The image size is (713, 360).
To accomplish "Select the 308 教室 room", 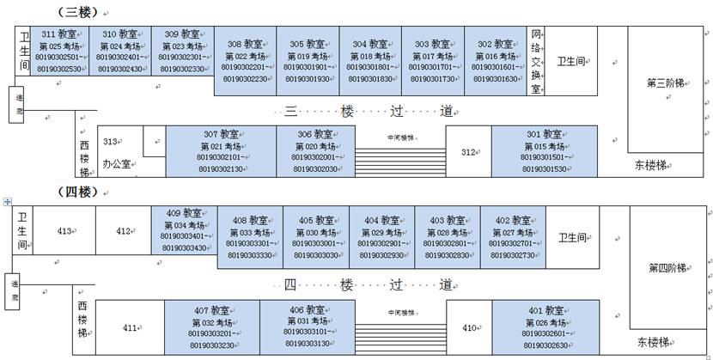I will tap(246, 60).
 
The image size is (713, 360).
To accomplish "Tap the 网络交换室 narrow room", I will tap(536, 60).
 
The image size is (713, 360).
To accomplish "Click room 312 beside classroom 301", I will tap(468, 152).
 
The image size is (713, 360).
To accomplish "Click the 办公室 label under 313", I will tap(116, 162).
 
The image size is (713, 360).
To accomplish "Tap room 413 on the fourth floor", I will tap(64, 230).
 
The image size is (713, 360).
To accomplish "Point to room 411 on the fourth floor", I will tap(130, 326).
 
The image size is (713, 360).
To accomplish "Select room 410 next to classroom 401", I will tap(470, 327).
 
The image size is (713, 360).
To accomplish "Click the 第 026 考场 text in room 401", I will tap(545, 322).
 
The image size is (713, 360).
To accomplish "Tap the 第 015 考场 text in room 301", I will tap(545, 146).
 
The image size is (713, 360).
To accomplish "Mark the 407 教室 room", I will tap(212, 326).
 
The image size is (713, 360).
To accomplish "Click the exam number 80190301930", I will tap(308, 79).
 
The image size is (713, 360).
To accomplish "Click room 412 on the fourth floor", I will tap(124, 230).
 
